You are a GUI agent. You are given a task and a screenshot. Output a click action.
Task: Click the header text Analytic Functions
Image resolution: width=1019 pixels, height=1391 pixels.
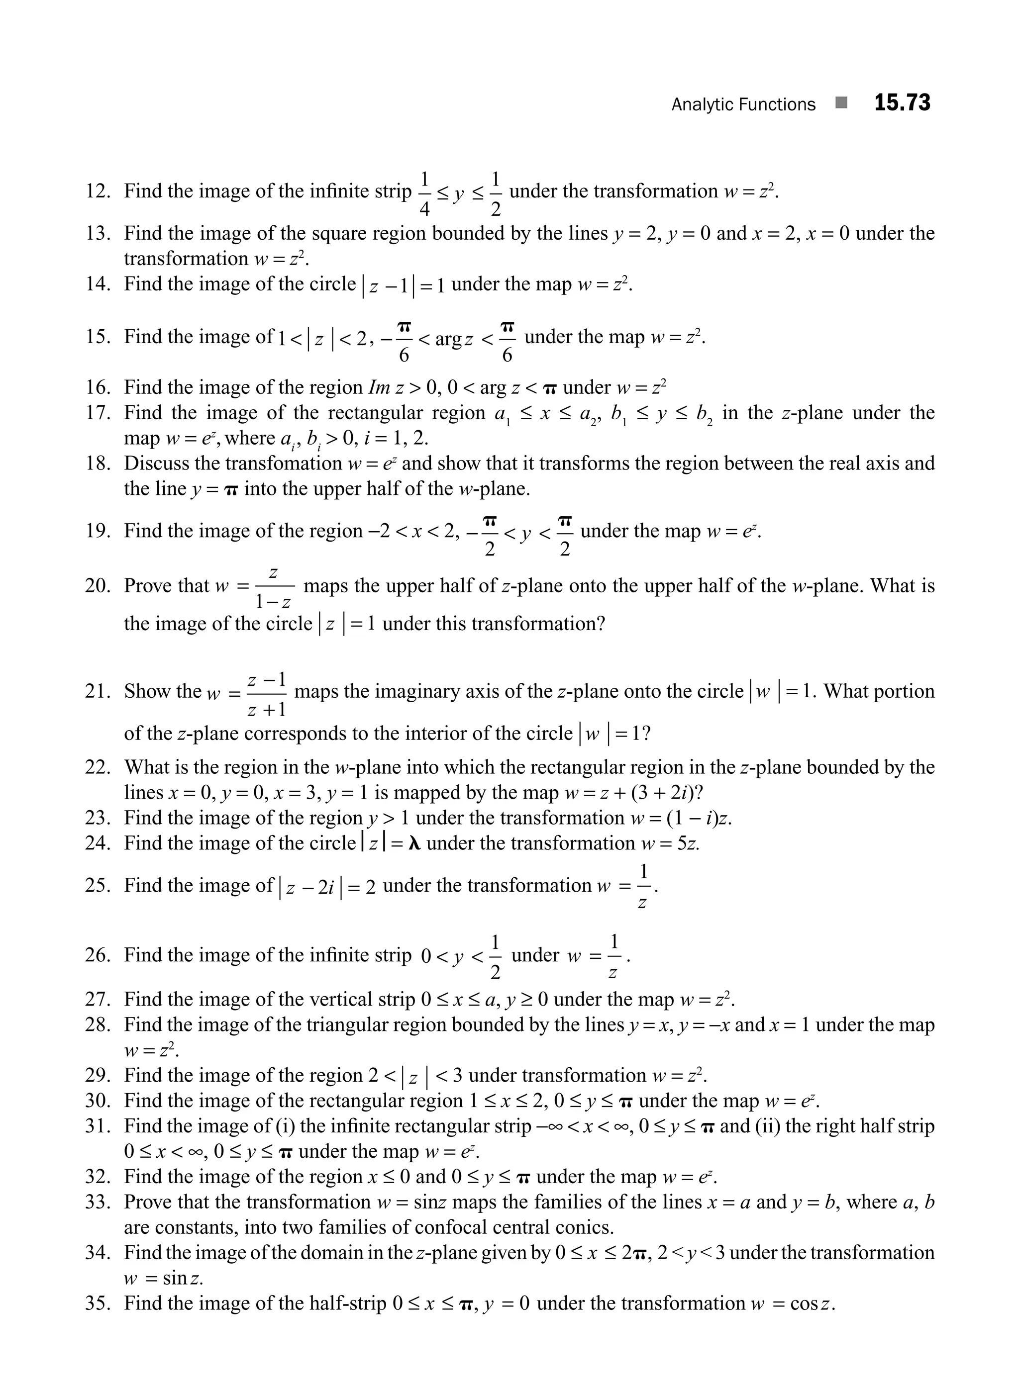[743, 105]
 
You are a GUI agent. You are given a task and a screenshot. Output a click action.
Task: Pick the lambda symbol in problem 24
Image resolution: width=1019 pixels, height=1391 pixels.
[415, 843]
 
